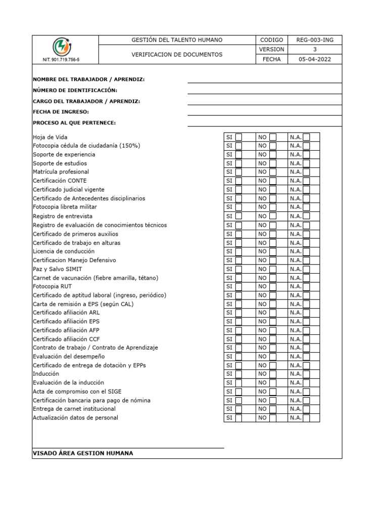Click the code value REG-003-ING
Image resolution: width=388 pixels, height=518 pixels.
pos(315,40)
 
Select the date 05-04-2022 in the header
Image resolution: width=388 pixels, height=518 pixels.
pos(315,59)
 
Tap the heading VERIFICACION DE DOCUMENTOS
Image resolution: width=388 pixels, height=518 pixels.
pos(177,55)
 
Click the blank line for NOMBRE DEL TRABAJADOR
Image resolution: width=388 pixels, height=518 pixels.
pos(265,79)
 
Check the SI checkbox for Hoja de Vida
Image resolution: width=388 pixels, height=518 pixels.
pos(238,137)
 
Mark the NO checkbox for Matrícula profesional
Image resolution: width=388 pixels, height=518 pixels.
pos(273,172)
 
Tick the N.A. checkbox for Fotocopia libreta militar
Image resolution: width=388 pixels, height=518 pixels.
pos(306,207)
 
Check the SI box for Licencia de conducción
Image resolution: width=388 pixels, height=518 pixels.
pos(238,251)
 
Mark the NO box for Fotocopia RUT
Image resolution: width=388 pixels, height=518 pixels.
pos(273,286)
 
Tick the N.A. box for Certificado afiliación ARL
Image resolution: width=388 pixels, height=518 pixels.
pos(306,313)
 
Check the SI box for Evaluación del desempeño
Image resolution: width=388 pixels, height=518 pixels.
pos(238,357)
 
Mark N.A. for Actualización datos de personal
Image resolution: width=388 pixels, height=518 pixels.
pos(306,418)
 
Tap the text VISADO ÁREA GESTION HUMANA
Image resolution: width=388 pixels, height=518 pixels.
pos(83,453)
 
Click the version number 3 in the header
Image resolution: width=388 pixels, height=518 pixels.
pos(315,50)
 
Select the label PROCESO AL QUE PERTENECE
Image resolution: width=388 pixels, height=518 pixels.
pos(74,123)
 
